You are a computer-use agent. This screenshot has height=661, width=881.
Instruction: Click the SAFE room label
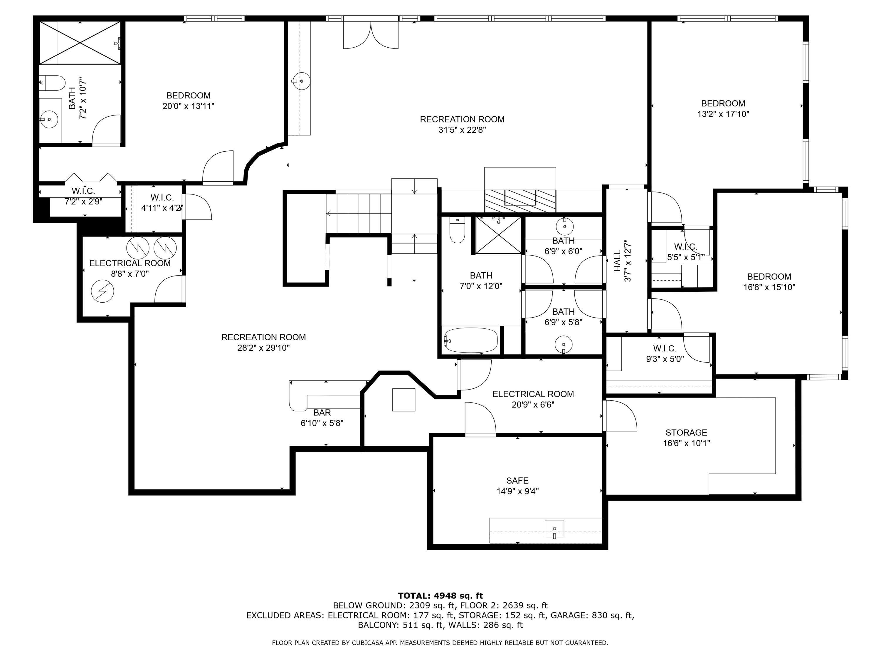(x=517, y=481)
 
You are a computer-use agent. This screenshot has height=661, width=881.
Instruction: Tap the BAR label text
(x=322, y=412)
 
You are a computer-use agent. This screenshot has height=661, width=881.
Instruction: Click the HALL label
(x=617, y=261)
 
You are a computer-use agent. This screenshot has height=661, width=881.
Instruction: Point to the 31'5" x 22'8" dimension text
(x=462, y=130)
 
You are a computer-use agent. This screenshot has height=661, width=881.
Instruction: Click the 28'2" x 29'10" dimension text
(x=263, y=348)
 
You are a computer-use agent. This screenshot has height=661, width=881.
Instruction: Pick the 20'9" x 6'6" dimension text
(x=533, y=405)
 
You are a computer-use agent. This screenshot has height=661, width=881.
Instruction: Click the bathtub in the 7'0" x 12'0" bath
(x=470, y=340)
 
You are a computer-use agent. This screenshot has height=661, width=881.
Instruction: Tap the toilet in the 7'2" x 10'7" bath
(x=53, y=83)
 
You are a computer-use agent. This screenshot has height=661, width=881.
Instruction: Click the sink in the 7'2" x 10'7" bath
(x=49, y=120)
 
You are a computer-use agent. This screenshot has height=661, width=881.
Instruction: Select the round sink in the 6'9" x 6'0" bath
(x=564, y=226)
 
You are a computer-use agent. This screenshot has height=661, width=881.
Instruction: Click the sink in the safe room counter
(x=554, y=529)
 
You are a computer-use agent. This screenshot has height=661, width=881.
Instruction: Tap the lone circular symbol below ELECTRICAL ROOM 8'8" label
(x=102, y=291)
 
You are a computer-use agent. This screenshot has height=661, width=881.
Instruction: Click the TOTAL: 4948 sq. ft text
(x=440, y=596)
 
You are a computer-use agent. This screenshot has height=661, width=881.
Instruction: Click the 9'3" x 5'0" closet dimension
(x=665, y=359)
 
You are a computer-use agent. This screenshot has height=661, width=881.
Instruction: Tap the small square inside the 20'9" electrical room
(x=404, y=400)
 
